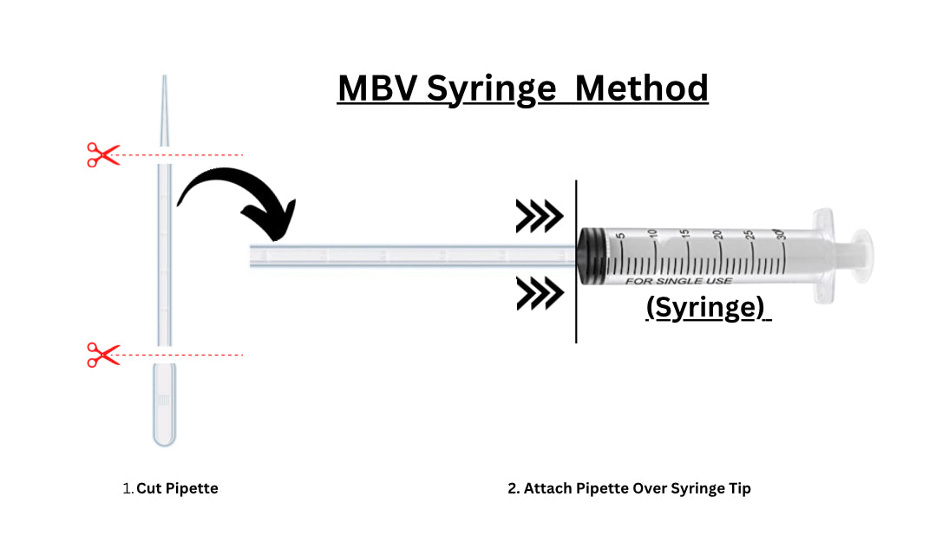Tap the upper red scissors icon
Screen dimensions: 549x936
pos(102,155)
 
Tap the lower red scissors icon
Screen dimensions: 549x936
pos(102,354)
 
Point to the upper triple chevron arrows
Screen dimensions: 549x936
pos(539,217)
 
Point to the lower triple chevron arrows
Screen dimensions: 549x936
pos(539,293)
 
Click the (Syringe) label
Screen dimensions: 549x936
pos(708,308)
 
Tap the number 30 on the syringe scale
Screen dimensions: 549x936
pos(782,235)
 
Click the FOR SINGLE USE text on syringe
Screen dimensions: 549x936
pos(679,280)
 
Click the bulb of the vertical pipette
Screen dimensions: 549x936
pos(164,408)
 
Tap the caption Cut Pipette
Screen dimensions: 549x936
pos(177,488)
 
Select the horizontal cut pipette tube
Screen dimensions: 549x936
pos(408,257)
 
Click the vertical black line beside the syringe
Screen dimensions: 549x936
pos(576,260)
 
